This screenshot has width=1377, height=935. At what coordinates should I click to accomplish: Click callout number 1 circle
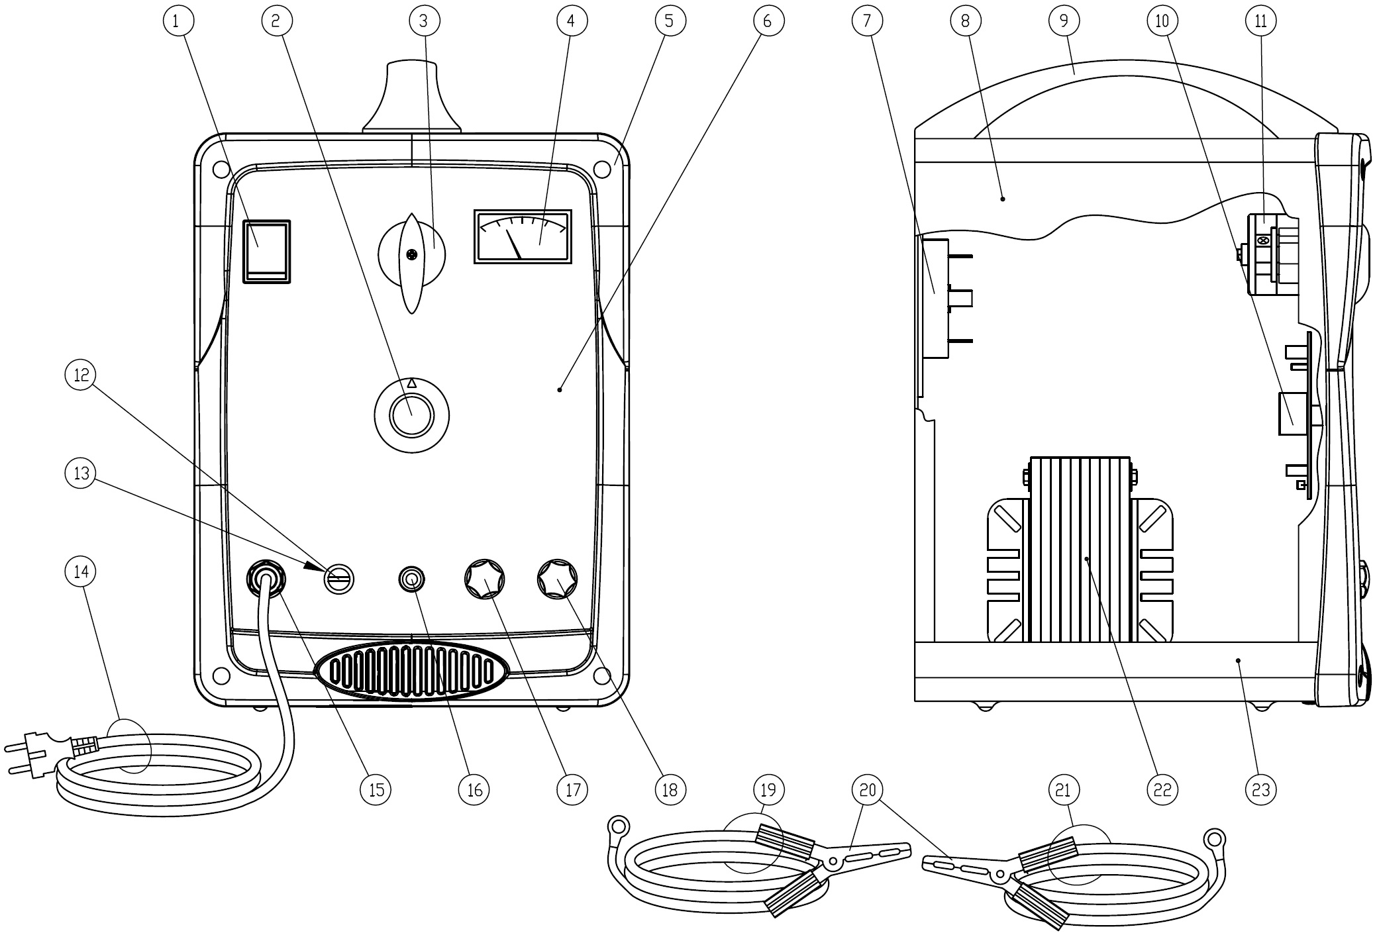point(176,21)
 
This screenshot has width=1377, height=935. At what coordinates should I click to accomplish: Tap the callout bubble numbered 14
point(81,571)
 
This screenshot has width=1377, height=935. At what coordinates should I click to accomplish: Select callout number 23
point(1260,789)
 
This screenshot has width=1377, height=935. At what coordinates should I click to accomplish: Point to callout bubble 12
point(81,375)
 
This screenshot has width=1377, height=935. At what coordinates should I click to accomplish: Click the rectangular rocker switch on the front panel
point(267,252)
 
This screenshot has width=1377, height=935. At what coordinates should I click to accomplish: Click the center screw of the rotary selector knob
point(412,254)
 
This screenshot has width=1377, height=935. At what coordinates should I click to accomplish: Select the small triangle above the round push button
point(411,383)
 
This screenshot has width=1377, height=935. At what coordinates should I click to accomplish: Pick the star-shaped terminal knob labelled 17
point(484,579)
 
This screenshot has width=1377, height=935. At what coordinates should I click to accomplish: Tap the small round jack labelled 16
point(411,579)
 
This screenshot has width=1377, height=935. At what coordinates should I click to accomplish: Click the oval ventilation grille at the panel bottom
point(411,670)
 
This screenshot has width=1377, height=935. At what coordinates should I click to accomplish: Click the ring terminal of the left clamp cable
point(618,826)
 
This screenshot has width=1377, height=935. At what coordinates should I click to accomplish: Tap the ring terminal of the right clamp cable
point(1214,839)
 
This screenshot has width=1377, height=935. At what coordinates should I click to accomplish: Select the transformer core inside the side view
point(1080,550)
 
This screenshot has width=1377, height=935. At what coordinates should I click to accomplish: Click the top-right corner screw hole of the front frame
point(602,170)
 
